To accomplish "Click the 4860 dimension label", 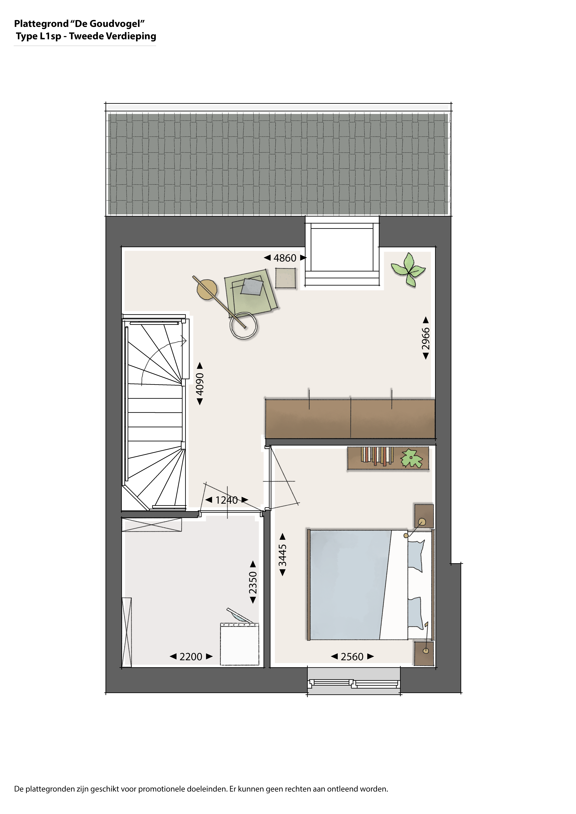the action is pyautogui.click(x=285, y=258).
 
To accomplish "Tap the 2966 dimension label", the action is pyautogui.click(x=426, y=339).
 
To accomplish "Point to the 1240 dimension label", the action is pyautogui.click(x=227, y=500).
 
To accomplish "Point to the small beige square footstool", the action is pyautogui.click(x=285, y=278).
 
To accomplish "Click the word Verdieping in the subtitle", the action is pyautogui.click(x=131, y=36).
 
